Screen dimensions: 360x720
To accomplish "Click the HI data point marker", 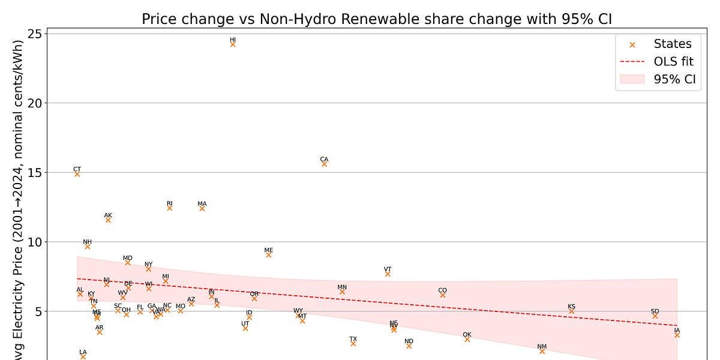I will click(x=233, y=44).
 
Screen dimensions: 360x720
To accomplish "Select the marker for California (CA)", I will click(x=324, y=163).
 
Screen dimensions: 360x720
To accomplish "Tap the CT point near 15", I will click(x=77, y=173).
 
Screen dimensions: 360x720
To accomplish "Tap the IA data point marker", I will click(x=677, y=335).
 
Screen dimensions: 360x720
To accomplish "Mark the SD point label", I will click(x=655, y=311).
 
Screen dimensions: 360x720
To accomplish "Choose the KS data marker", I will click(x=571, y=311).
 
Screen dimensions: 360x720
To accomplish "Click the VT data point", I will click(x=388, y=274).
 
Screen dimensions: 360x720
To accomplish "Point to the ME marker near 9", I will click(x=268, y=254).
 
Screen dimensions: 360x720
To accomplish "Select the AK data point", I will click(x=108, y=220).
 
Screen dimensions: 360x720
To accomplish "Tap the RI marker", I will click(x=169, y=208).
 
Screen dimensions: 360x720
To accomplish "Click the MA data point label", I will click(x=202, y=204).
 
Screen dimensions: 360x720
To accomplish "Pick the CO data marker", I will click(x=442, y=295).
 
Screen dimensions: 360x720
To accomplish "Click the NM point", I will click(x=542, y=351).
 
